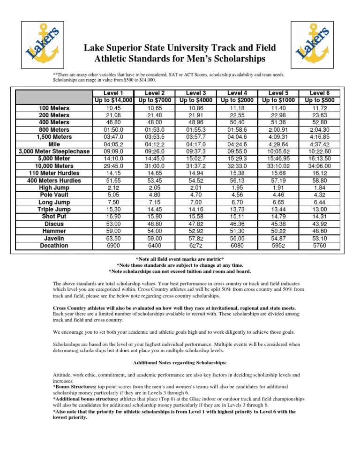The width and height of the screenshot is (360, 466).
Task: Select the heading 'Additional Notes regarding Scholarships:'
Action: pyautogui.click(x=180, y=362)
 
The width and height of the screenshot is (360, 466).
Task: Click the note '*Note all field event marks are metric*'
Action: pyautogui.click(x=180, y=259)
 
